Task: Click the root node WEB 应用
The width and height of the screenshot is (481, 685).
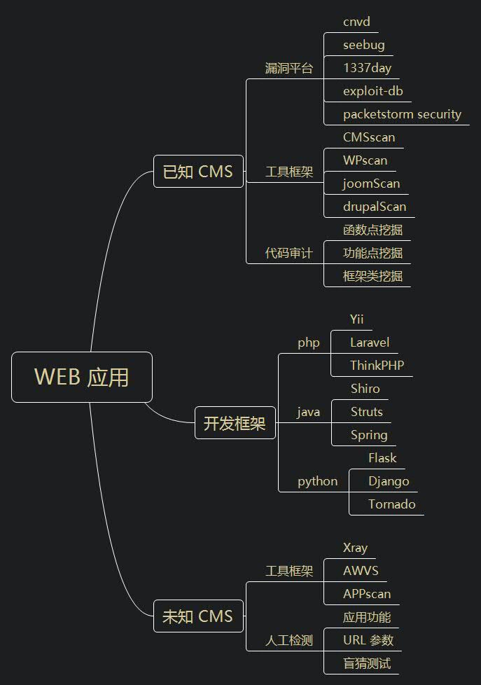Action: pos(82,377)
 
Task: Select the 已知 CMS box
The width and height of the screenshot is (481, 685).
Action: pos(198,172)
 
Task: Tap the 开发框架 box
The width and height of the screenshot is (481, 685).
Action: pos(235,423)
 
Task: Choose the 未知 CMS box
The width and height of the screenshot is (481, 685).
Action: pos(198,616)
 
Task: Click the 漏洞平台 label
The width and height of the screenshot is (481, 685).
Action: pos(288,69)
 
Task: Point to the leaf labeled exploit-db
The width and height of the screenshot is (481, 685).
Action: pos(372,91)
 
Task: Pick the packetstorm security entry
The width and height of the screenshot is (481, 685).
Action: pos(402,114)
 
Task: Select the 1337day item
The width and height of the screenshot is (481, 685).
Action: pos(367,68)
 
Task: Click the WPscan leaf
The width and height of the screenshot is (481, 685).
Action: pos(365,160)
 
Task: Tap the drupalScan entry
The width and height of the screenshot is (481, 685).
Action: pos(374,207)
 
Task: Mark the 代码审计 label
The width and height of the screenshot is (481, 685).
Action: pos(288,253)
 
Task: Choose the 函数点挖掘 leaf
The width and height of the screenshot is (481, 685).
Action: pos(372,230)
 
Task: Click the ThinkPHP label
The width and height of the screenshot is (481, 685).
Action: pos(377,366)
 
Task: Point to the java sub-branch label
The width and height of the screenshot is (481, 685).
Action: pos(308,412)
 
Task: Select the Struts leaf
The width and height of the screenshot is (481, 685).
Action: pos(366,412)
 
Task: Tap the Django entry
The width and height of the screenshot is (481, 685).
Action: pos(389,481)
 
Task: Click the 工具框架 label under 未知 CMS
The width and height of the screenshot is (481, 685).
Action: pos(288,571)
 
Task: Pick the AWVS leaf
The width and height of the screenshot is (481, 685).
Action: pos(361,571)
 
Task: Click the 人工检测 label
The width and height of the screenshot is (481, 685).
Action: pos(288,640)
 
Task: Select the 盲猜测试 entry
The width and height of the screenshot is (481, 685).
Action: pos(367,663)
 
